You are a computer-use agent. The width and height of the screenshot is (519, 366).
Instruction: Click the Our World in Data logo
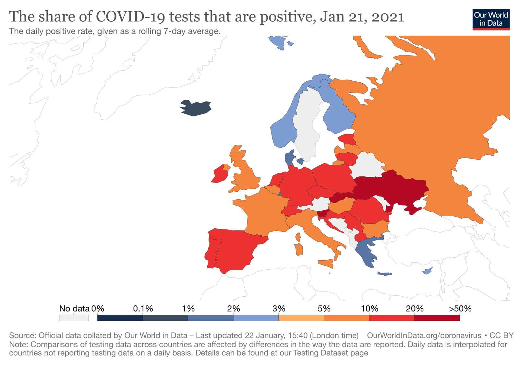(x=491, y=19)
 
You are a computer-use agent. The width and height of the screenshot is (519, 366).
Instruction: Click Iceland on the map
(x=196, y=108)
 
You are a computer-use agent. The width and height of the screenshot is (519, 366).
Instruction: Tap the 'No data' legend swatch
(x=74, y=318)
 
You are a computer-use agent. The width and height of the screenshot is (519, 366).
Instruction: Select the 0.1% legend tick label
(x=143, y=309)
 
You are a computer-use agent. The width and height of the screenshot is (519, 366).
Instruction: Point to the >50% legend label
(x=460, y=309)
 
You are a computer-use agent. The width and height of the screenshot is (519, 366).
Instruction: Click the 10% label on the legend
(x=369, y=309)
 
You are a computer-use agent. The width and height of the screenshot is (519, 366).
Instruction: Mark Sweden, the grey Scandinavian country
(x=307, y=126)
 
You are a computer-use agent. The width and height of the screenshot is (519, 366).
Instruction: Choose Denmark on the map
(x=289, y=158)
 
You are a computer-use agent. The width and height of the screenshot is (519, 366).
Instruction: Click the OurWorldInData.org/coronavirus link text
(x=424, y=336)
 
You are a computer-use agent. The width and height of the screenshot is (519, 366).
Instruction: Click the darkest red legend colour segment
(x=437, y=318)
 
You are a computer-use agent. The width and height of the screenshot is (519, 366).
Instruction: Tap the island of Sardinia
(x=299, y=249)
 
